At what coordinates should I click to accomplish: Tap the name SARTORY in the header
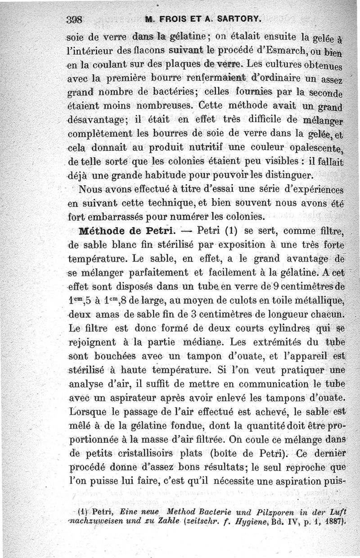(234, 19)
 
